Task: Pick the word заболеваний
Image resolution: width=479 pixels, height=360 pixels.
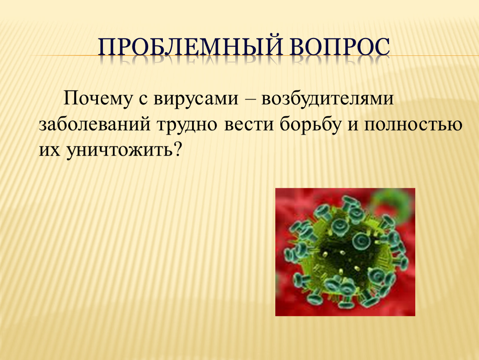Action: (x=95, y=125)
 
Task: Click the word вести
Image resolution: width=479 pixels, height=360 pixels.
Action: (x=248, y=125)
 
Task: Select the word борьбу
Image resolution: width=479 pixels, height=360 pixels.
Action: (x=310, y=125)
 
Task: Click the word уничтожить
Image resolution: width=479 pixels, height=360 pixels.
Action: (x=120, y=150)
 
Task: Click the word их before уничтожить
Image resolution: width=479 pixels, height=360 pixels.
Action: (x=50, y=151)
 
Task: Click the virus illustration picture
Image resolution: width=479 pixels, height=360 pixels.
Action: (x=345, y=252)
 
